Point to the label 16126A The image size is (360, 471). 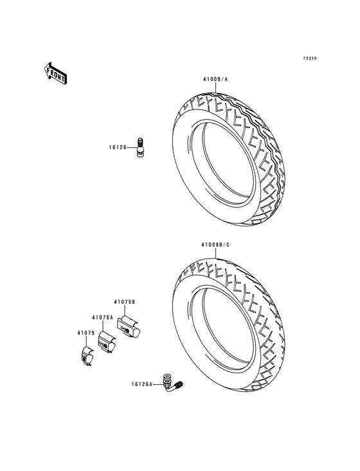[141, 384]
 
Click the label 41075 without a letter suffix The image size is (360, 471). [86, 333]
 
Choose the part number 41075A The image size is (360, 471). [102, 317]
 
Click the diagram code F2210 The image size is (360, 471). [310, 59]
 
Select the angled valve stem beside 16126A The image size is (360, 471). [173, 382]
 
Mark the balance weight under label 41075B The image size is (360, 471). [130, 327]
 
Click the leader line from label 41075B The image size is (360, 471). [126, 310]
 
